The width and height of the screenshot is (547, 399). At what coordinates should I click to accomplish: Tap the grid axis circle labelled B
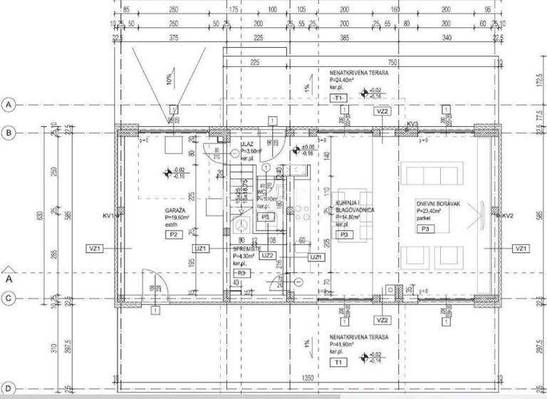(x=9, y=133)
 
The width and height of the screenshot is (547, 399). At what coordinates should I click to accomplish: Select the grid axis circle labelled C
(x=9, y=298)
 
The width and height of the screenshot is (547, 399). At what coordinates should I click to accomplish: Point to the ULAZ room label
(x=246, y=145)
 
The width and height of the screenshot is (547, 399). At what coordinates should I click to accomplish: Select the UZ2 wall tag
(x=268, y=255)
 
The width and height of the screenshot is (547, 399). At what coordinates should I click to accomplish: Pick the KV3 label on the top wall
(x=412, y=125)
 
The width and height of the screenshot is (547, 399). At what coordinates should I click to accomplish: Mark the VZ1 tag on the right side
(x=521, y=248)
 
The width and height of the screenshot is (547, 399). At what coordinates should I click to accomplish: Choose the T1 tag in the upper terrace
(x=339, y=97)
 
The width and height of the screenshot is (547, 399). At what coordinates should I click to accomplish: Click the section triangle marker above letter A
(x=9, y=269)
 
